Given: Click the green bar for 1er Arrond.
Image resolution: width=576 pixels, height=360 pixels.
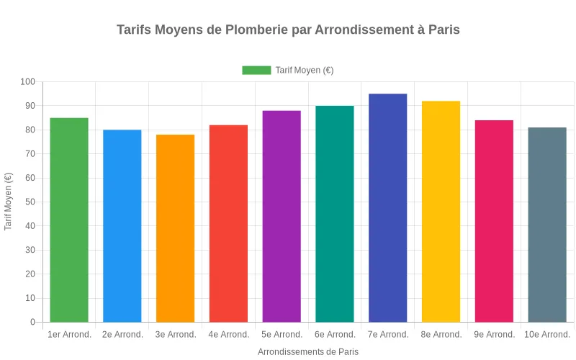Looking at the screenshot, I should [x=69, y=220].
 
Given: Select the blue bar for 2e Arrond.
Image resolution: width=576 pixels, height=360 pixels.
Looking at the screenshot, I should [x=122, y=225].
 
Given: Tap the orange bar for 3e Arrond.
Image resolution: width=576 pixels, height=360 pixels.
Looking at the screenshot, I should [x=176, y=228].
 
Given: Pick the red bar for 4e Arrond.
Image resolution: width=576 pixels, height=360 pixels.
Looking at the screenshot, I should [x=228, y=223].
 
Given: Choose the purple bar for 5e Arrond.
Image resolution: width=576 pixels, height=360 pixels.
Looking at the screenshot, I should [x=282, y=216].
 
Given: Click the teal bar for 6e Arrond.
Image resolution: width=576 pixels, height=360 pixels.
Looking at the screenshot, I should [x=335, y=214].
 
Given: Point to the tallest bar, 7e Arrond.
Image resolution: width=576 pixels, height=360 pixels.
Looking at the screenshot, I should [x=388, y=207].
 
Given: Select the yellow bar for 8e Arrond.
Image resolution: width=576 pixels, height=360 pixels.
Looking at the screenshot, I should [x=441, y=211].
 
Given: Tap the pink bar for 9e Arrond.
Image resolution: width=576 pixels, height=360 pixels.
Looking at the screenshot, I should [x=494, y=221].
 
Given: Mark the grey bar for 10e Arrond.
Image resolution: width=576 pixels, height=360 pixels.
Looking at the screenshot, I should [x=547, y=225].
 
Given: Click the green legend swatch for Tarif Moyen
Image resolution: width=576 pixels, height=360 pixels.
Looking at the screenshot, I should [x=256, y=70].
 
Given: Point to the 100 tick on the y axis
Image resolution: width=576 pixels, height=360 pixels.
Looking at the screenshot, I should [x=28, y=82].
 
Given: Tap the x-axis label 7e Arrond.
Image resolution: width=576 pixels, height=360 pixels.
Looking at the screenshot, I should [x=388, y=335].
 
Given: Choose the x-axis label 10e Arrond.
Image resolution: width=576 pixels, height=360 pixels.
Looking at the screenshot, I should [x=547, y=335].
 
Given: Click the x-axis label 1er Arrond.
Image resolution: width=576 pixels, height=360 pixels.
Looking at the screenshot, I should [x=69, y=335].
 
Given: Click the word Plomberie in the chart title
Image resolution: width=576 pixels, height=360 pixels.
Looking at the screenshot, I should [x=256, y=30].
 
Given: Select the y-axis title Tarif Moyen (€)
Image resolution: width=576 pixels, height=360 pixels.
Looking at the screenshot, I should [x=9, y=202].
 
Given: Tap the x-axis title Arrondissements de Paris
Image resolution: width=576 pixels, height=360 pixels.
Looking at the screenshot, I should [x=308, y=352].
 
